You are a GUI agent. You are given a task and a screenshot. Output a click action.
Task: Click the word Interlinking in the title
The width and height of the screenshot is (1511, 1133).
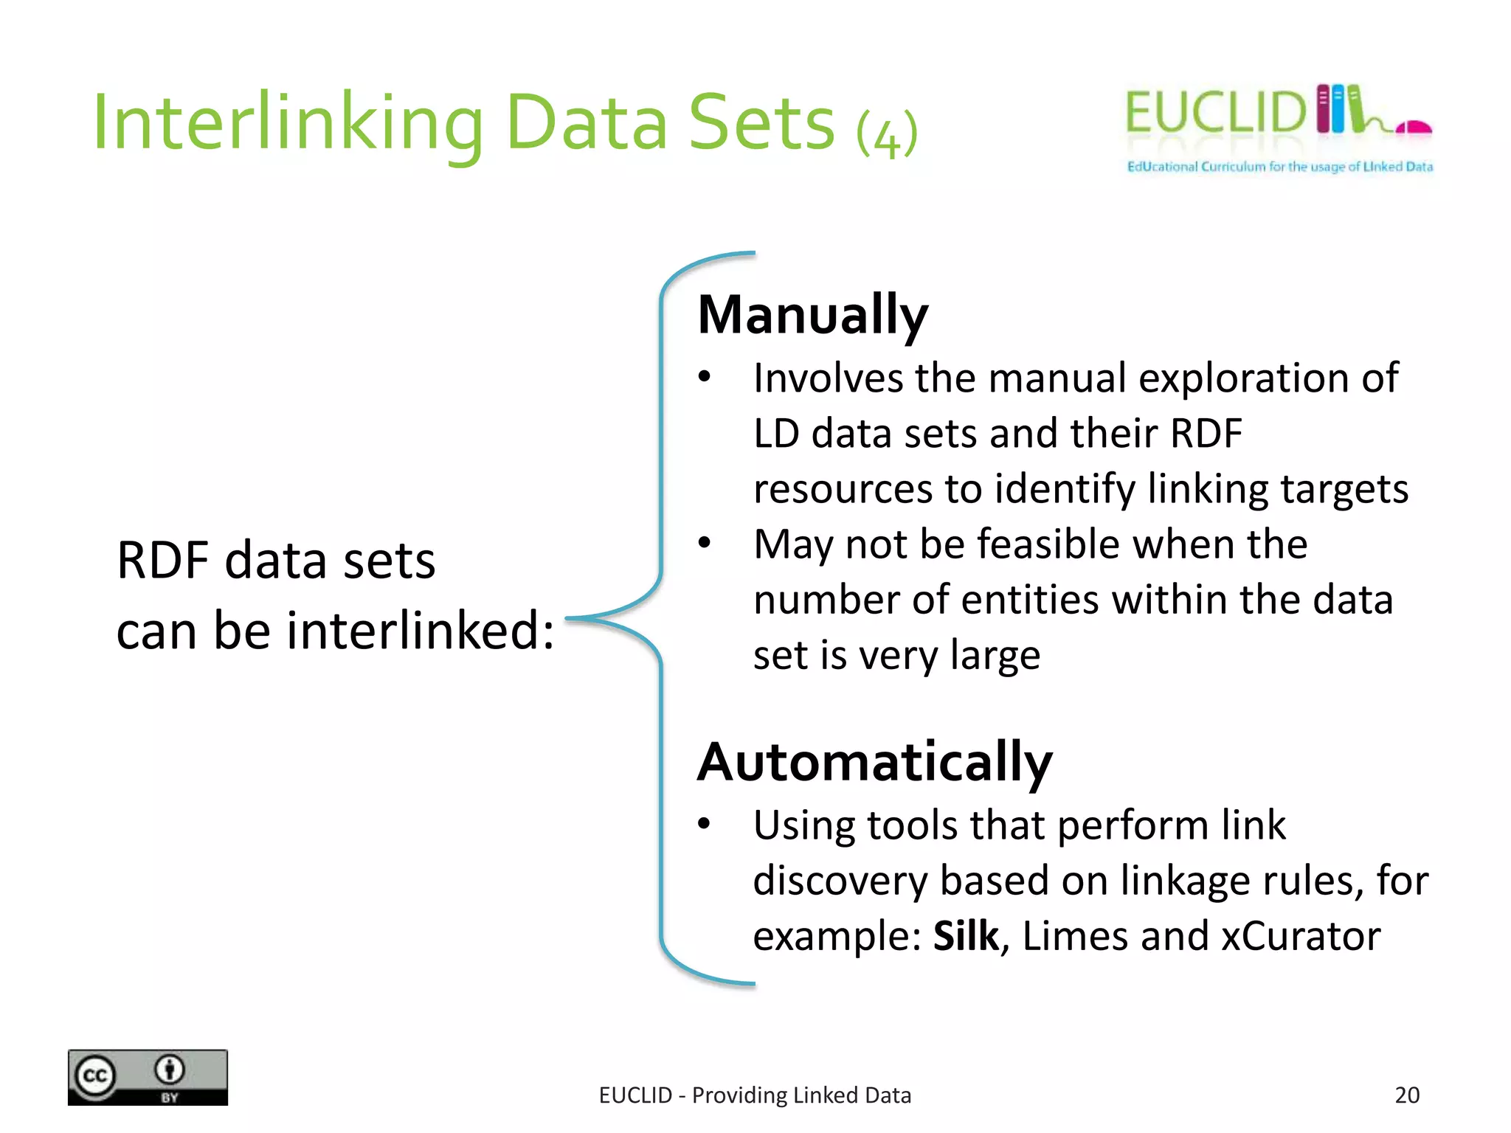288,123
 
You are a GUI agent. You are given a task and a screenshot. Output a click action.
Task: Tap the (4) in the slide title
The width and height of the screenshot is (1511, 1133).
887,134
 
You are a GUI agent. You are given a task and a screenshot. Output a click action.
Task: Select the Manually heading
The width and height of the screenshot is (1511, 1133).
812,315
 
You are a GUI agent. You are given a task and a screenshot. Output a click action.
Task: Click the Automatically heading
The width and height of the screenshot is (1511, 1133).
875,762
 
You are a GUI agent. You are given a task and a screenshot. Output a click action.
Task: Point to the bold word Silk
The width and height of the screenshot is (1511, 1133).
966,936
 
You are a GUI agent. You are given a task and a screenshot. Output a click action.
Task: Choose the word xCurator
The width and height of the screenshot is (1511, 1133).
1301,936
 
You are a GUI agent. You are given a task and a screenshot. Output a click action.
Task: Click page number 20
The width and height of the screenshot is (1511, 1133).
1407,1095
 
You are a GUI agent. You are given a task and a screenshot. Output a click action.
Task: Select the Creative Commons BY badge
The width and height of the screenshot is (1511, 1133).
148,1078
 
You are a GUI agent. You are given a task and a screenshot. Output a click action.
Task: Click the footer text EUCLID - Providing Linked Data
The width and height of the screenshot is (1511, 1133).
755,1095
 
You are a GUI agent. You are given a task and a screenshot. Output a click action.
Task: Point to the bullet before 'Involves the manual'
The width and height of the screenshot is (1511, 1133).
705,377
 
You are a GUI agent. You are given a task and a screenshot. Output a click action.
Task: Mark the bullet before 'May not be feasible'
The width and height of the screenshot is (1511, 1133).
705,543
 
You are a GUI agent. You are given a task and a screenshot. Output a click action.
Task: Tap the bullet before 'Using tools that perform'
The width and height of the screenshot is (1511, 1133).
705,823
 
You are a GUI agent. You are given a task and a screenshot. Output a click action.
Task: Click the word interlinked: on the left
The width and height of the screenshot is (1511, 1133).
421,631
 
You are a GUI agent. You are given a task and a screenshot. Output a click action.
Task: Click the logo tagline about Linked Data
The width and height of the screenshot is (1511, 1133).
1279,167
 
